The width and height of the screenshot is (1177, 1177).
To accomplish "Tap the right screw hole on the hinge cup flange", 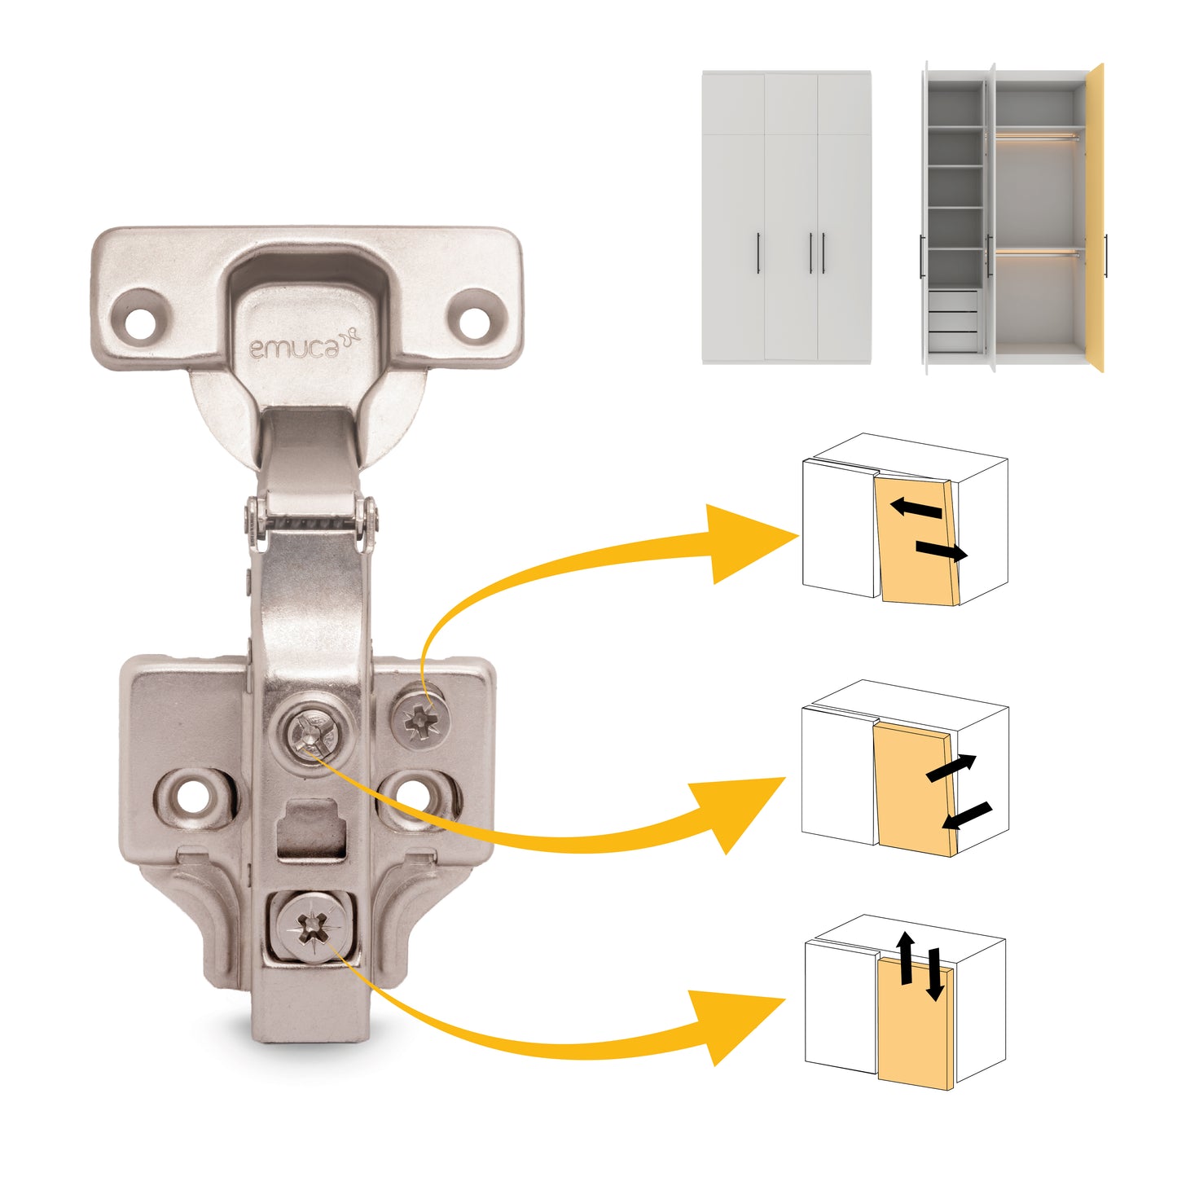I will click(473, 319).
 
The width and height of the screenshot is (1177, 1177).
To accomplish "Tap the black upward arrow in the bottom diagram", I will click(905, 958).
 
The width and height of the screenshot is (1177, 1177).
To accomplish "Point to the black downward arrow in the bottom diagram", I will click(934, 974).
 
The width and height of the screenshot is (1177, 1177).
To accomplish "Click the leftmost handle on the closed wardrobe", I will click(759, 253).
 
